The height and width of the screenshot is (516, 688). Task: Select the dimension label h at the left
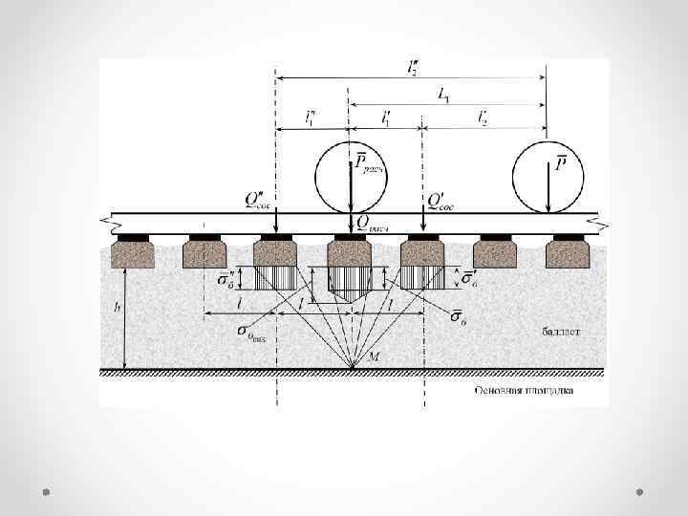[x=116, y=308]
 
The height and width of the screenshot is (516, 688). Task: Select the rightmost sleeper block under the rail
[x=568, y=252]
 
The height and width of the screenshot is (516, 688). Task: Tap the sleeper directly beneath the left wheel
[x=350, y=252]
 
